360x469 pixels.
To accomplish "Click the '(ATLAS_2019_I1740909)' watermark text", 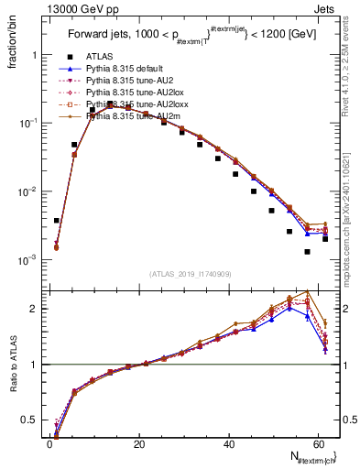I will (x=190, y=274).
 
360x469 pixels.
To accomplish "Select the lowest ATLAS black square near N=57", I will (x=307, y=252).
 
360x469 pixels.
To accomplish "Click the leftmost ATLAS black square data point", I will (x=57, y=221).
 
